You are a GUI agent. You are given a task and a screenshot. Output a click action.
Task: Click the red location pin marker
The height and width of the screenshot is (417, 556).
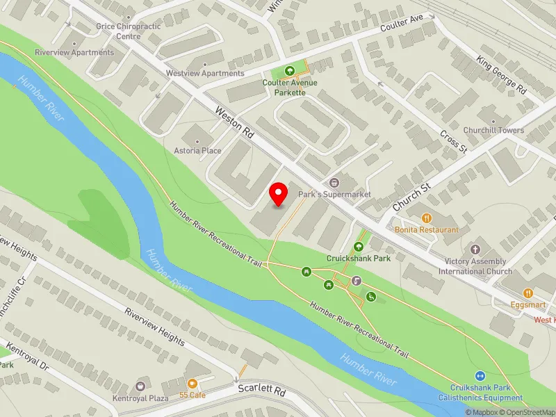coord(279,194)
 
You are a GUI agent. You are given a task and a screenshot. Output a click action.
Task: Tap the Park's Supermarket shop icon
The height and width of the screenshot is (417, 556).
coord(334,183)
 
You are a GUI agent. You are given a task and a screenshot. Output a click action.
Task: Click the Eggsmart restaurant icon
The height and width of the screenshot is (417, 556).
coord(528,294)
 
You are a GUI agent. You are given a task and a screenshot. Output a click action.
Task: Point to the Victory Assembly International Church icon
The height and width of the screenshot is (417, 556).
coord(475,249)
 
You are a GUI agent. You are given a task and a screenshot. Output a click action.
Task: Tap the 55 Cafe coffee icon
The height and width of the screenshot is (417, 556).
coord(193,383)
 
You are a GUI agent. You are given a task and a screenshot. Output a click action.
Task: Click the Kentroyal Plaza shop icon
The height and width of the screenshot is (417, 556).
coord(141,386)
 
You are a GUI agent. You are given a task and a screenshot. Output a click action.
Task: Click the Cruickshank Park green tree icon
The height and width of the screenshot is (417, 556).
coord(359,246)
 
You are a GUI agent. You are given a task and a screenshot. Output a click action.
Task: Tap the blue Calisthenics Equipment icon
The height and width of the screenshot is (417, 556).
coord(480,375)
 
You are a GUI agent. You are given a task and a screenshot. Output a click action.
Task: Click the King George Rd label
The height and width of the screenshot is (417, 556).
coord(501,75)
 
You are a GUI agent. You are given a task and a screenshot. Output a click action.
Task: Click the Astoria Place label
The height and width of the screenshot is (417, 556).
coord(197,151)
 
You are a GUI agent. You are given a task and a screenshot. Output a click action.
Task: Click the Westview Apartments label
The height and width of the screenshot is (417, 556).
coord(205,73)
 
